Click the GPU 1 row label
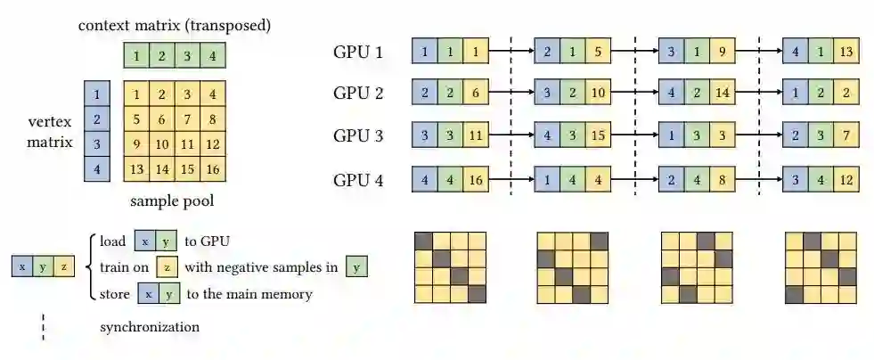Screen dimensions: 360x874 pyautogui.click(x=358, y=52)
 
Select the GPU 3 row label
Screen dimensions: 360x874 pyautogui.click(x=358, y=135)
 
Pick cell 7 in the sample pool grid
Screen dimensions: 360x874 pyautogui.click(x=186, y=119)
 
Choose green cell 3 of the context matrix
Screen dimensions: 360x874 pyautogui.click(x=186, y=56)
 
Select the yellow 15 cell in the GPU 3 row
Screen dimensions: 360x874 pyautogui.click(x=598, y=135)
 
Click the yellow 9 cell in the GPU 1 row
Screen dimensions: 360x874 pyautogui.click(x=721, y=51)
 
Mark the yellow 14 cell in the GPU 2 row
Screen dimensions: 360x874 pyautogui.click(x=721, y=94)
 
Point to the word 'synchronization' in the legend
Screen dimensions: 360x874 pyautogui.click(x=150, y=326)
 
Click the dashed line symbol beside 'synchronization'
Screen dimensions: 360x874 pyautogui.click(x=44, y=326)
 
